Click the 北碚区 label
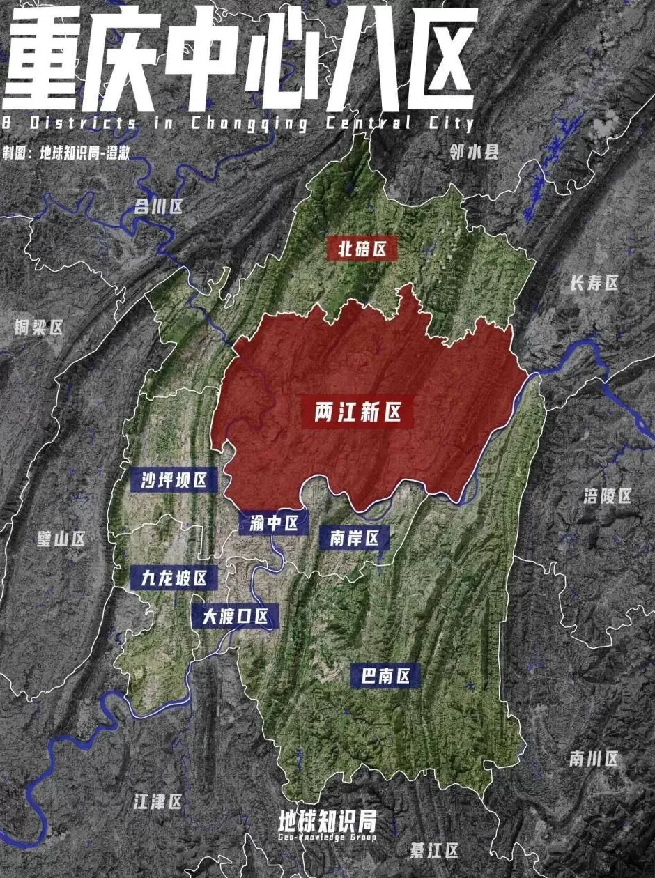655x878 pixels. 362,249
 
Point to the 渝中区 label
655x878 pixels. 274,523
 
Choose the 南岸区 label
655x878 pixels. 354,537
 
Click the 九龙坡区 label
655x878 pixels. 174,578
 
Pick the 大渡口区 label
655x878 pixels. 236,616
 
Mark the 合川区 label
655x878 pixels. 158,206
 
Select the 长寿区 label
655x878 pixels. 594,283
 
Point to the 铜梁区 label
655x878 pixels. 39,328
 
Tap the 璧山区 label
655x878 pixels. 61,539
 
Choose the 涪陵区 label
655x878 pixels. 607,496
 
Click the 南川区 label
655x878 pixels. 594,759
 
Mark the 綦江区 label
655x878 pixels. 434,851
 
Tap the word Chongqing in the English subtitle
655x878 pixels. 249,124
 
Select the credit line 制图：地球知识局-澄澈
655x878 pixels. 66,153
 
